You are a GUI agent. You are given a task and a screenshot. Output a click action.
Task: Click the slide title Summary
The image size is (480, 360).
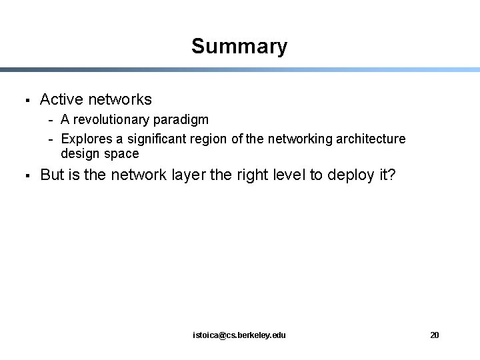(x=239, y=47)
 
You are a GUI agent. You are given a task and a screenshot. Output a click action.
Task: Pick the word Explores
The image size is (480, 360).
(x=83, y=139)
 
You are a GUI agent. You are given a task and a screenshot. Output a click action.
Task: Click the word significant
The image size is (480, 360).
(x=151, y=139)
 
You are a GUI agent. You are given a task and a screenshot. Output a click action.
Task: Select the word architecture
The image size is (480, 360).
(x=369, y=139)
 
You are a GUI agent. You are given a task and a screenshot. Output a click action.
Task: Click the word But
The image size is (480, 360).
(x=53, y=176)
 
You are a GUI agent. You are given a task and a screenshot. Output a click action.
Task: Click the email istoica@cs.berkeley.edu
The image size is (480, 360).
(x=239, y=335)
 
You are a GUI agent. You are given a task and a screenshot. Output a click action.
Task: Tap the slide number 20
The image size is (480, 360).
(x=435, y=335)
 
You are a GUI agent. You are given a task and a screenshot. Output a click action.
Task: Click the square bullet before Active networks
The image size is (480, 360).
(x=24, y=101)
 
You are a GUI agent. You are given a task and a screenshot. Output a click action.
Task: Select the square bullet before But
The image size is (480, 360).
(x=24, y=177)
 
